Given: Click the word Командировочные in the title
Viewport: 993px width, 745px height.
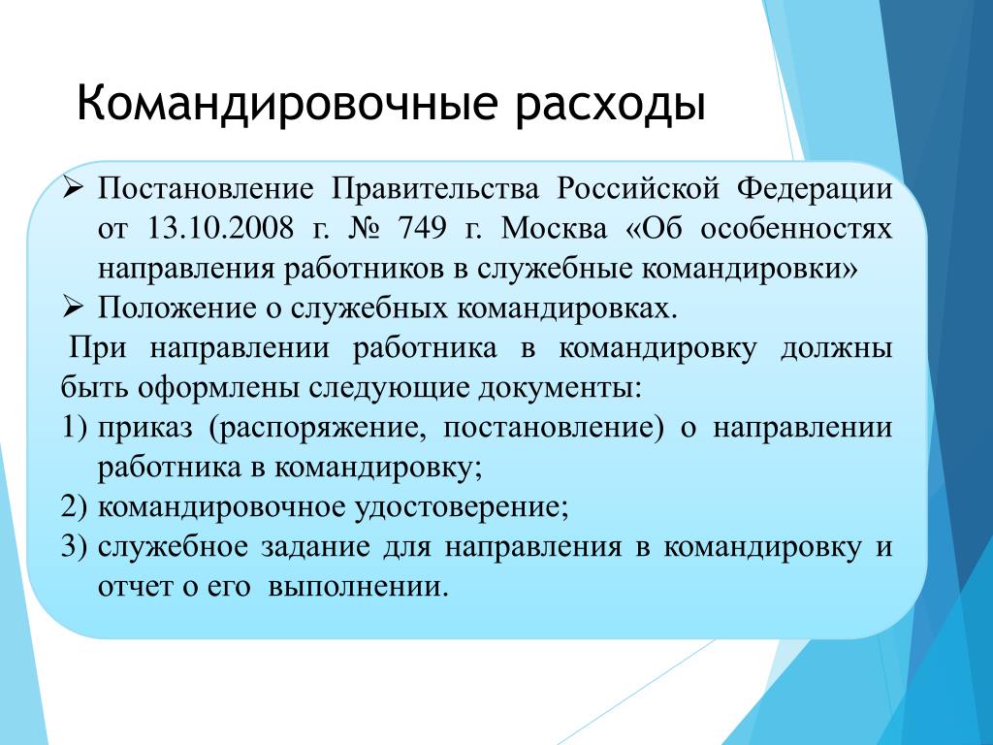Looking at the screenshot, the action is click(x=286, y=103).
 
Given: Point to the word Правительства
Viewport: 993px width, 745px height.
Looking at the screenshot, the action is click(x=435, y=189).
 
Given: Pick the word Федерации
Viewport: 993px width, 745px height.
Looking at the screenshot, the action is click(x=815, y=189).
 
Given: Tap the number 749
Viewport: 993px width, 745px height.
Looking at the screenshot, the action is click(x=423, y=228).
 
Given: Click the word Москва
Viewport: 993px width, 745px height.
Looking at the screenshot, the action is click(x=554, y=229).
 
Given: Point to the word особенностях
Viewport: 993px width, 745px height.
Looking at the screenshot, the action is click(x=797, y=229).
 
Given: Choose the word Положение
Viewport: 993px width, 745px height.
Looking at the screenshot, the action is click(x=177, y=308).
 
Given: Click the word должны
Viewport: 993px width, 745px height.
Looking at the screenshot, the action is click(x=837, y=349).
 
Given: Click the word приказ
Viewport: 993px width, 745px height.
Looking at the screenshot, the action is click(x=145, y=429).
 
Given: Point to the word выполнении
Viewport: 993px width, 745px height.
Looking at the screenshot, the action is click(x=359, y=587).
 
